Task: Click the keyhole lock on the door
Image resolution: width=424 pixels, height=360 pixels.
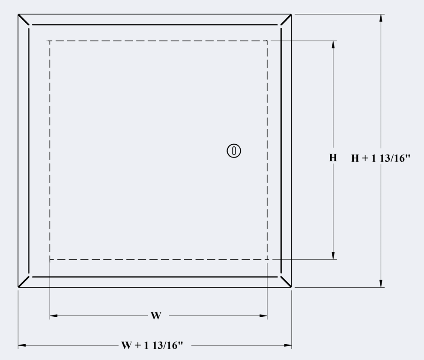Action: tap(234, 151)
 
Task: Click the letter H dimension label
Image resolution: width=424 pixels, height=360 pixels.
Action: tap(333, 157)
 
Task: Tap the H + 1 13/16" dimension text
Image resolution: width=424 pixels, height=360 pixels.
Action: tap(380, 158)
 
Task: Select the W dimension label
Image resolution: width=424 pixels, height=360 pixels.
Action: tap(156, 315)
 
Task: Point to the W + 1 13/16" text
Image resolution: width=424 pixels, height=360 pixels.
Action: tap(152, 345)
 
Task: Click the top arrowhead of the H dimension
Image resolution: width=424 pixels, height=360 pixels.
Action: tap(333, 45)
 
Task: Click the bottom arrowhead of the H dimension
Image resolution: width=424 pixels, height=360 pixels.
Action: tap(333, 256)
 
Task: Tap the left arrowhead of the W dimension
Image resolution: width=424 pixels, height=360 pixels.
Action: tap(54, 315)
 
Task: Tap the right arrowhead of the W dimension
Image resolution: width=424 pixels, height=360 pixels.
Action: tap(263, 315)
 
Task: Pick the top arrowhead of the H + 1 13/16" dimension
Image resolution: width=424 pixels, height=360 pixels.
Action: tap(381, 18)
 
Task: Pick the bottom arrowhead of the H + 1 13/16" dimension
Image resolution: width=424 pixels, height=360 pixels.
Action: tap(381, 283)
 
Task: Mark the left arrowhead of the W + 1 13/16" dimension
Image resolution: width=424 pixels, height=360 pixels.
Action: tap(22, 345)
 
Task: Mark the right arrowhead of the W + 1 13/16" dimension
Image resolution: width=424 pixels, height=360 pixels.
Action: tap(288, 345)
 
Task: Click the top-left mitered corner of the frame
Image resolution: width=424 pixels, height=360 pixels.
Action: tap(24, 19)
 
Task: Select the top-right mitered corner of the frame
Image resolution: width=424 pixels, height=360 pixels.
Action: tap(286, 19)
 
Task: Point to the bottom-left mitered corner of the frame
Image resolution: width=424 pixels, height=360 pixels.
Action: tap(24, 282)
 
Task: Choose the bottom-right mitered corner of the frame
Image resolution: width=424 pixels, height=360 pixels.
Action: tap(286, 282)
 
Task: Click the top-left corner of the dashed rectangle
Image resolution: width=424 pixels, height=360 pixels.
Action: tap(50, 41)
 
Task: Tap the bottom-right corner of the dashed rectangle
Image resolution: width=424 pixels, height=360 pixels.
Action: tap(267, 259)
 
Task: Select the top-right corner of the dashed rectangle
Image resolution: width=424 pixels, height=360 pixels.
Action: tap(267, 41)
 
